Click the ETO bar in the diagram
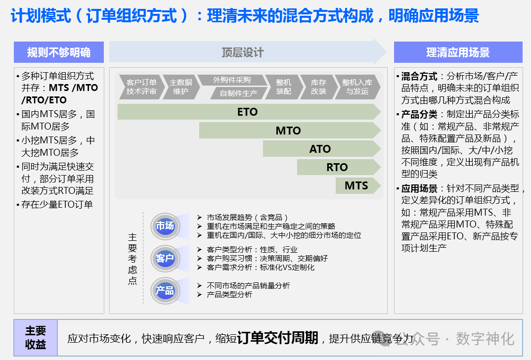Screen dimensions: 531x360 pyautogui.click(x=248, y=112)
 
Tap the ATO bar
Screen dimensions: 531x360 pyautogui.click(x=320, y=149)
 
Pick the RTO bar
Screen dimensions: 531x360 pyautogui.click(x=337, y=167)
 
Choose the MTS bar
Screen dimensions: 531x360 pyautogui.click(x=356, y=185)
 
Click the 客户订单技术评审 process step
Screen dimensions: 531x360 pyautogui.click(x=141, y=87)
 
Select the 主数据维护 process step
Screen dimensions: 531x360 pyautogui.click(x=180, y=87)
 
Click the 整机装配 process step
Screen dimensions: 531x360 pyautogui.click(x=283, y=87)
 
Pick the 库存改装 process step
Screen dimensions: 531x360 pyautogui.click(x=318, y=87)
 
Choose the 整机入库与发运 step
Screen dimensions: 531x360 pyautogui.click(x=357, y=87)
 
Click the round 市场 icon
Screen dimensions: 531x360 pyautogui.click(x=165, y=226)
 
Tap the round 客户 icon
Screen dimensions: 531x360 pyautogui.click(x=165, y=258)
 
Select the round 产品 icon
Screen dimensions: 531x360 pyautogui.click(x=165, y=290)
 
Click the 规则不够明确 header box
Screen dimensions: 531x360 pyautogui.click(x=59, y=52)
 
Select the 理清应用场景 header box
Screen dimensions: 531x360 pyautogui.click(x=458, y=52)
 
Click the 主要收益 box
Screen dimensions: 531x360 pyautogui.click(x=36, y=337)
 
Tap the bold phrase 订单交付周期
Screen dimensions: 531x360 pyautogui.click(x=277, y=338)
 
